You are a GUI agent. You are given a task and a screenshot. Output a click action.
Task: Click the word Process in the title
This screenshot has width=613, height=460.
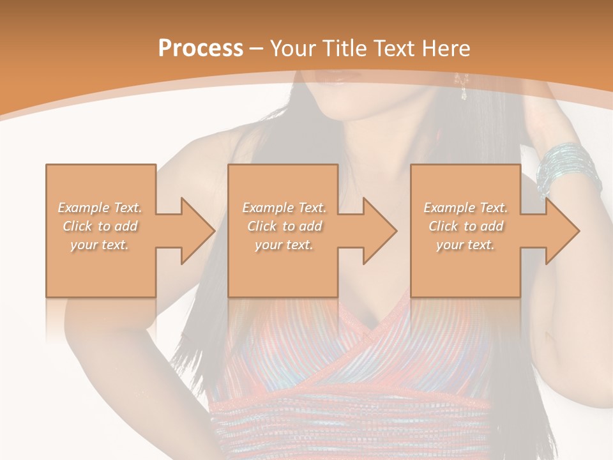click(x=201, y=49)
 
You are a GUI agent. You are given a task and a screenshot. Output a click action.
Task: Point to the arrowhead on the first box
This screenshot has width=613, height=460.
click(x=195, y=231)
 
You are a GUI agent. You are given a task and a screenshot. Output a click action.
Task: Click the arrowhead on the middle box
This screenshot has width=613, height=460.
click(x=377, y=231)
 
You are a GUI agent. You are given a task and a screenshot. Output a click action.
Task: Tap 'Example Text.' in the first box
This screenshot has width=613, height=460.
click(x=100, y=208)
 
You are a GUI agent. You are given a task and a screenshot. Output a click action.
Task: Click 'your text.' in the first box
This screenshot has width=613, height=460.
click(x=100, y=245)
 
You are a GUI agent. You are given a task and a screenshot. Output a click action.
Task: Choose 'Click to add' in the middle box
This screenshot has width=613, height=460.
click(x=284, y=226)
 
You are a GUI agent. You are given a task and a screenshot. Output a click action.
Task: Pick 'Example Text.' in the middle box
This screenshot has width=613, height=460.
click(x=284, y=208)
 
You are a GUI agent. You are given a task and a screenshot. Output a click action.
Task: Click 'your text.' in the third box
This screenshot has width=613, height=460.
click(x=465, y=245)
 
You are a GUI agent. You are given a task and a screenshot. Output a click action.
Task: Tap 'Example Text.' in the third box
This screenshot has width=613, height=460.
click(x=465, y=208)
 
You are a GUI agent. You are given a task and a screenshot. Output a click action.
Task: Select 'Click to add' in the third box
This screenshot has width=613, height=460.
click(x=465, y=226)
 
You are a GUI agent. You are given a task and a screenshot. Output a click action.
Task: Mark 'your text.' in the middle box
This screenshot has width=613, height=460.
click(x=284, y=245)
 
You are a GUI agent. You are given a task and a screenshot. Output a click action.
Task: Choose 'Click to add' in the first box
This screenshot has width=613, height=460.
click(x=100, y=226)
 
